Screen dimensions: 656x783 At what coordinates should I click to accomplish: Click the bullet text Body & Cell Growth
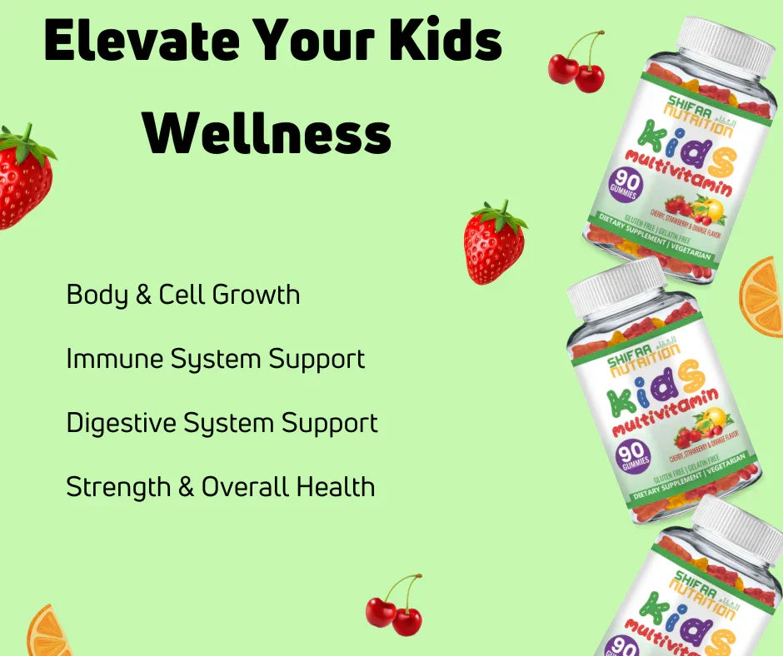coord(183,295)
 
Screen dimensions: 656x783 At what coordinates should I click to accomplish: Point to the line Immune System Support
coord(215,359)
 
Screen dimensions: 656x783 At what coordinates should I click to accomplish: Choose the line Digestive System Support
coord(222,423)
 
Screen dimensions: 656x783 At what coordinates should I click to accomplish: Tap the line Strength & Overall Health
coord(220,487)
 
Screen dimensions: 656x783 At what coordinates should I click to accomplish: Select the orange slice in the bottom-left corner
coord(47,633)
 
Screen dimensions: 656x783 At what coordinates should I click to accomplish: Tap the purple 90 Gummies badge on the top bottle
coord(625,184)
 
